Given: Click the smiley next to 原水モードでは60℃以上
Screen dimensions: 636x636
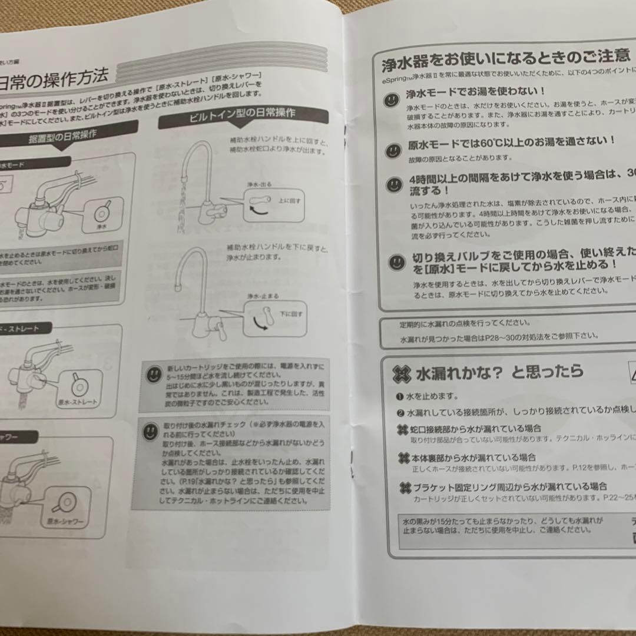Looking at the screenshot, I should [393, 151].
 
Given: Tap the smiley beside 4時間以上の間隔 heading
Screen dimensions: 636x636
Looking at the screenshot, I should [393, 185].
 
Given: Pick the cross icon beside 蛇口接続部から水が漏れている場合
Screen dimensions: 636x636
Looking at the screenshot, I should [403, 429].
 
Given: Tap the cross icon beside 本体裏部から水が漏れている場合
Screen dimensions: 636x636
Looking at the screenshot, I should [403, 458].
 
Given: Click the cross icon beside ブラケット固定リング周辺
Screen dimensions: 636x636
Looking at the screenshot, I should [404, 487].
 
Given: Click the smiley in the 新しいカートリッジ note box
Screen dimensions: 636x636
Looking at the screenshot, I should [154, 373].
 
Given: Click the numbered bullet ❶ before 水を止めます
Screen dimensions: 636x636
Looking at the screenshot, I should [400, 396].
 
